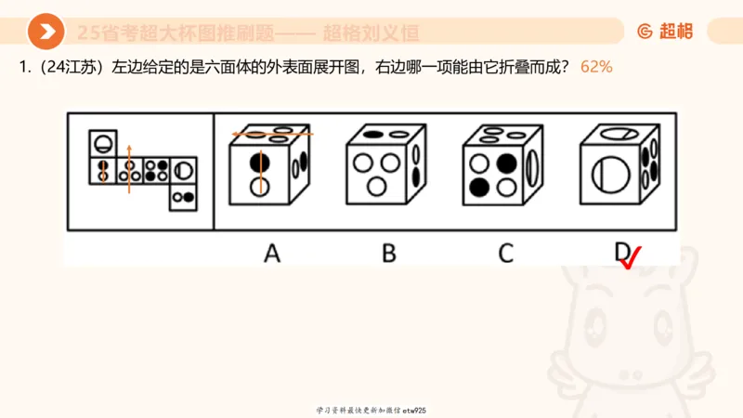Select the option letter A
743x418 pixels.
(x=271, y=252)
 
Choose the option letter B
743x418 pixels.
(x=388, y=252)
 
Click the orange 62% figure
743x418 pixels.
(x=596, y=68)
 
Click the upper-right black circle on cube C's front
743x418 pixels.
(x=505, y=163)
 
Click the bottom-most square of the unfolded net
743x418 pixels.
(x=184, y=196)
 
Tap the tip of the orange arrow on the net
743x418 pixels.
(x=129, y=146)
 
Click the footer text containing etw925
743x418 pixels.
(x=371, y=410)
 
